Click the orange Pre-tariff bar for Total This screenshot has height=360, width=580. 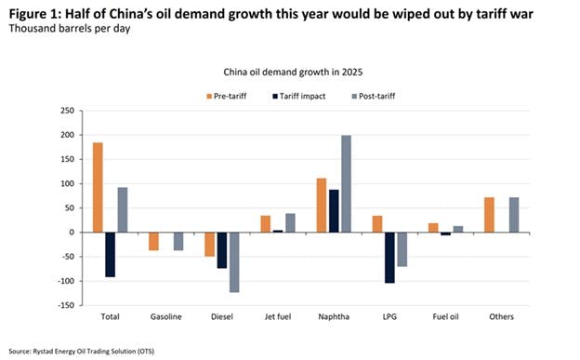(98, 187)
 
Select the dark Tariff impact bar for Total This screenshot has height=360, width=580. (110, 254)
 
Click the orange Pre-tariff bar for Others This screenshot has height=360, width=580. (488, 214)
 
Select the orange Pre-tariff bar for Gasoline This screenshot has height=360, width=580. (153, 241)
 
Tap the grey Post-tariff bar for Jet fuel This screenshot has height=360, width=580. (290, 222)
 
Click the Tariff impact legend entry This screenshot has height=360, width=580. (299, 95)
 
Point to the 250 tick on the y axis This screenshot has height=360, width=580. (67, 111)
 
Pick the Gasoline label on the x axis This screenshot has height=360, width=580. (167, 316)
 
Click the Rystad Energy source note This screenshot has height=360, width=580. (83, 349)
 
